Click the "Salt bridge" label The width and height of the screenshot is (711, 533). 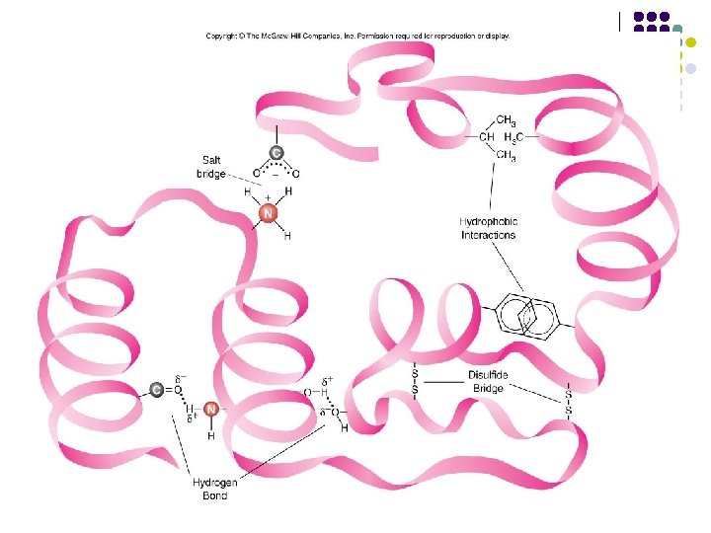212,166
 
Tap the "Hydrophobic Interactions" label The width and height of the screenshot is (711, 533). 488,228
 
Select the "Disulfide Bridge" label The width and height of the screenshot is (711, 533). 488,382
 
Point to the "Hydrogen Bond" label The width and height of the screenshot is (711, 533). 209,489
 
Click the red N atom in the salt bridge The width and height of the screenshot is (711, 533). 267,213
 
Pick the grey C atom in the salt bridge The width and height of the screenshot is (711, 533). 276,153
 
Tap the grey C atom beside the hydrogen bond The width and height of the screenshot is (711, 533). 157,390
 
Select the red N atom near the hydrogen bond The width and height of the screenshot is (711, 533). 210,409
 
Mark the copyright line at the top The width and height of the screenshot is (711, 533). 357,37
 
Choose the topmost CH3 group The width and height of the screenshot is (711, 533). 505,120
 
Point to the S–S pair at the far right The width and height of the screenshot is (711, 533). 569,402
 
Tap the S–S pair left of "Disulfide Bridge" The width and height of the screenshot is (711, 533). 415,382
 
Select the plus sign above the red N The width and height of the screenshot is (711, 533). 267,197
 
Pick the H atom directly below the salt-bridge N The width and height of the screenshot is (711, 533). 287,237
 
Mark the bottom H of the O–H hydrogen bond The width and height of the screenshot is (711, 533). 344,428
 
